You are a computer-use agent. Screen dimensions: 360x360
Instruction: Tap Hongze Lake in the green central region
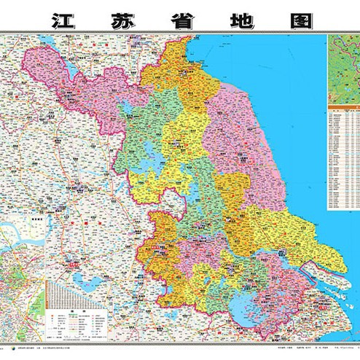[151, 155]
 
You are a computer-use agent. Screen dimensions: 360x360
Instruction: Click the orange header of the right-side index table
[343, 109]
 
